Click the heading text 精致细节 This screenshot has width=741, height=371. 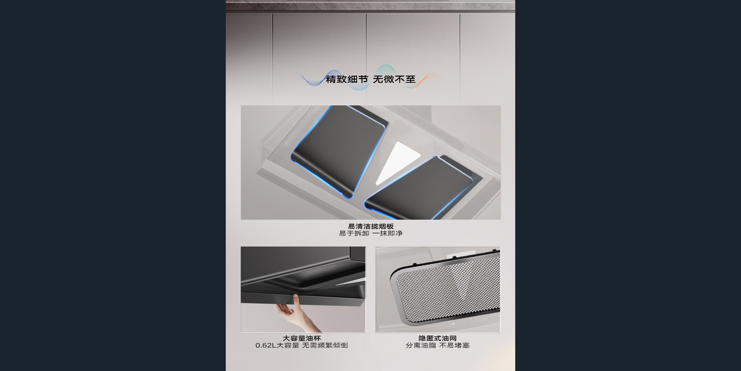tap(347, 79)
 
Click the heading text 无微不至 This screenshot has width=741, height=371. tap(394, 79)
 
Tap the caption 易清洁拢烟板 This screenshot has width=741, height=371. tap(370, 226)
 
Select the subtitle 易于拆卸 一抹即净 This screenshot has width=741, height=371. tap(370, 233)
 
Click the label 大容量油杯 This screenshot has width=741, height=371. tap(302, 338)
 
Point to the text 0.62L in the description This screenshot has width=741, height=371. tap(266, 345)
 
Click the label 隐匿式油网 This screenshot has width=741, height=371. tap(438, 338)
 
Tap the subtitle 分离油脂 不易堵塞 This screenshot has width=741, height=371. tap(438, 345)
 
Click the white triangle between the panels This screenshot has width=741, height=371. tap(396, 162)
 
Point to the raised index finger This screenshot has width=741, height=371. tap(296, 301)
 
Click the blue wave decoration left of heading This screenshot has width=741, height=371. tap(313, 79)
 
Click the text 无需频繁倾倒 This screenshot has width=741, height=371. tap(325, 345)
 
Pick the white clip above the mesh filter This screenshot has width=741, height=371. tap(461, 255)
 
